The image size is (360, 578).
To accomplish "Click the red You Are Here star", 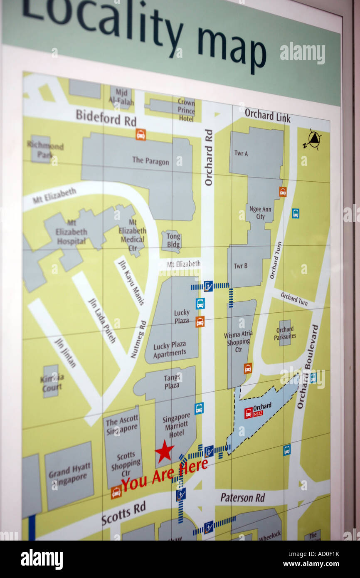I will click(x=164, y=452).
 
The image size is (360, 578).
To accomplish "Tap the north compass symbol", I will click(x=313, y=139).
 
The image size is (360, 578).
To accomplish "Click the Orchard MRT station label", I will click(x=262, y=406).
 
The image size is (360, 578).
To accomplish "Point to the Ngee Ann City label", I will click(x=260, y=212).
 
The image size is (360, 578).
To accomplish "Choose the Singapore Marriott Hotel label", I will click(x=176, y=425).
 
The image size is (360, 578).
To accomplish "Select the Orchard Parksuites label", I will click(x=285, y=333).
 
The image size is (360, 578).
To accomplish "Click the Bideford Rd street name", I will click(x=106, y=117).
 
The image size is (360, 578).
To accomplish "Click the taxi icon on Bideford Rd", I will click(x=141, y=134).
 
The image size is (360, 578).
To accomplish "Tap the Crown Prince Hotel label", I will click(x=186, y=110).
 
